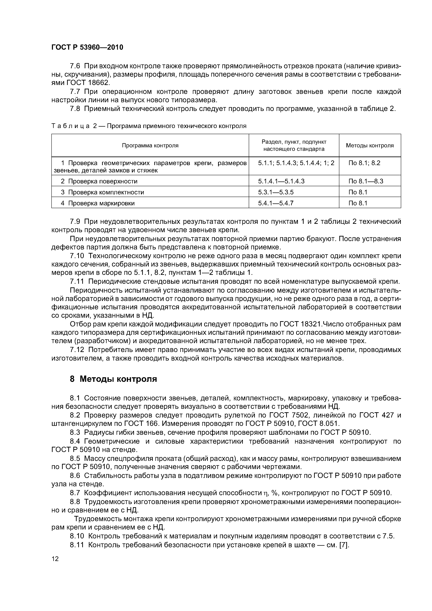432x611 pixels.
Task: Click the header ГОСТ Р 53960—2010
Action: (x=87, y=47)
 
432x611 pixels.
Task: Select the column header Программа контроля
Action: (x=150, y=146)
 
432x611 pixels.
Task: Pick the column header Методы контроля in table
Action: (x=370, y=146)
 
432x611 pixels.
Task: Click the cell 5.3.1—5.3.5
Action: (x=276, y=192)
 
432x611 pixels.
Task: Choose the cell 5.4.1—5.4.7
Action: (x=276, y=203)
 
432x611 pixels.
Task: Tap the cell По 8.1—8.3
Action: (x=366, y=181)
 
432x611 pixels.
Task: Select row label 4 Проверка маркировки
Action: (x=98, y=203)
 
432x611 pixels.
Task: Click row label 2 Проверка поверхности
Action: (x=99, y=181)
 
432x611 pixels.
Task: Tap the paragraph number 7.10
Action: (x=77, y=256)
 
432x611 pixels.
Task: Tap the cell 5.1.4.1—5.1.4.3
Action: (x=281, y=181)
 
